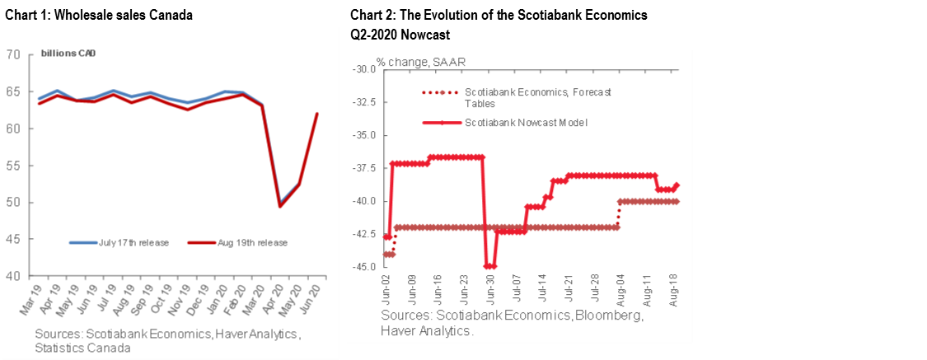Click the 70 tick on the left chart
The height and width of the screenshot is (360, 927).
coord(14,55)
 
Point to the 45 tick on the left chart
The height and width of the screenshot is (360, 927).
coord(14,240)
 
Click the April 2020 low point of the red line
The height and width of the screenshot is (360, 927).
coord(280,206)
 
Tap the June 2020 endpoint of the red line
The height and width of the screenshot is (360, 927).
coord(317,114)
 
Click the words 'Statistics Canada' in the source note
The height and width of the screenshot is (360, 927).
coord(82,348)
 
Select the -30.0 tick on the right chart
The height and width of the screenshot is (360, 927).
coord(363,69)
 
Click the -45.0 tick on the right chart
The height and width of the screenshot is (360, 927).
coord(363,267)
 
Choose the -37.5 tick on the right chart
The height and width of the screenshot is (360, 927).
coord(363,168)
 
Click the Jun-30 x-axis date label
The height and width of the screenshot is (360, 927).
coord(491,290)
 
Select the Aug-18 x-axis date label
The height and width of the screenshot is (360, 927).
coord(675,290)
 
